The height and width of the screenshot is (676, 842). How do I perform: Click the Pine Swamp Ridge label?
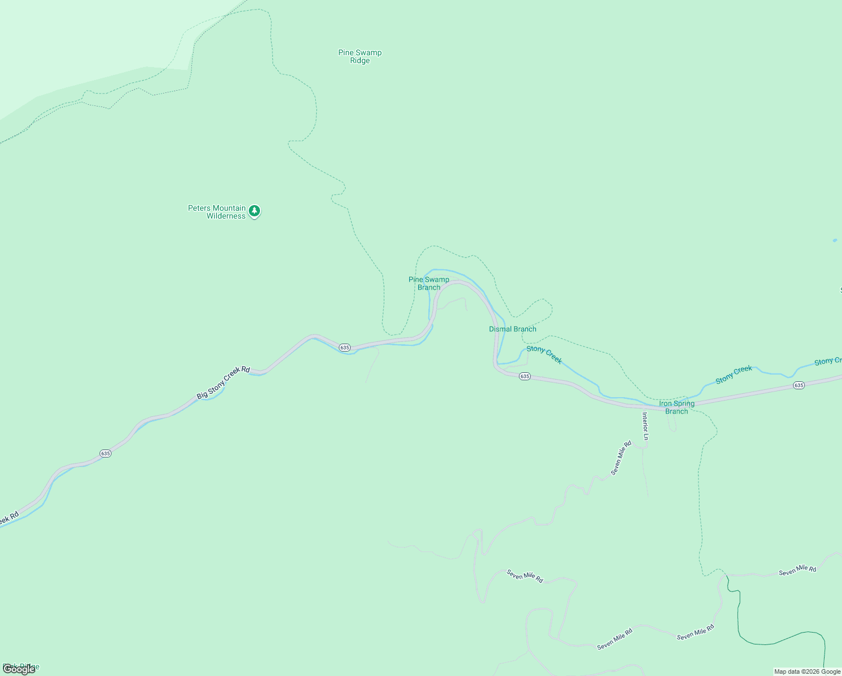360,56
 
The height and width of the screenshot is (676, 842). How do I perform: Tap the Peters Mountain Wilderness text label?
217,212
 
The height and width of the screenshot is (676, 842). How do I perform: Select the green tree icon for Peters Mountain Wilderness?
254,211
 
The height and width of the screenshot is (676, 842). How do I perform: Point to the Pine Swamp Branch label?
429,283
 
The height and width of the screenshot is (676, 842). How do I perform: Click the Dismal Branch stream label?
512,329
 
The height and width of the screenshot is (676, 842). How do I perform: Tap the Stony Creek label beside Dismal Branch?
544,355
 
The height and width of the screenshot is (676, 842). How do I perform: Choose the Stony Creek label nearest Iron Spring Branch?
733,375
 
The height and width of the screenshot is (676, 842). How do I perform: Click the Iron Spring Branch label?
677,407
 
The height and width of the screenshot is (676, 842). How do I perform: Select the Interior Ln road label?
646,426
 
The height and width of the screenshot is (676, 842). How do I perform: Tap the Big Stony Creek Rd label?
223,383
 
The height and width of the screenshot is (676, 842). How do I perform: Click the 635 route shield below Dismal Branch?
525,376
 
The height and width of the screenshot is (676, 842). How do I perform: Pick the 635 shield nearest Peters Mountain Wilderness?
344,347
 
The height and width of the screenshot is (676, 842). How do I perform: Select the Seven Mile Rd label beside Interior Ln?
621,457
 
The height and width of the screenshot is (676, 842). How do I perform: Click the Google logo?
19,669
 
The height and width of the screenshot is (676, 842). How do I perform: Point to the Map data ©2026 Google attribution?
807,671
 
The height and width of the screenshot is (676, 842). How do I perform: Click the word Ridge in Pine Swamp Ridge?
360,61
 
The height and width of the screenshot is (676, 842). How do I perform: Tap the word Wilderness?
226,216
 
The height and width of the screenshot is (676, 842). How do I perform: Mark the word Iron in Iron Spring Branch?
665,403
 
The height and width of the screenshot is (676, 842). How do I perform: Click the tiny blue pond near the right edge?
835,241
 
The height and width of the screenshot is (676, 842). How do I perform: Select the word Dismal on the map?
500,329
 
